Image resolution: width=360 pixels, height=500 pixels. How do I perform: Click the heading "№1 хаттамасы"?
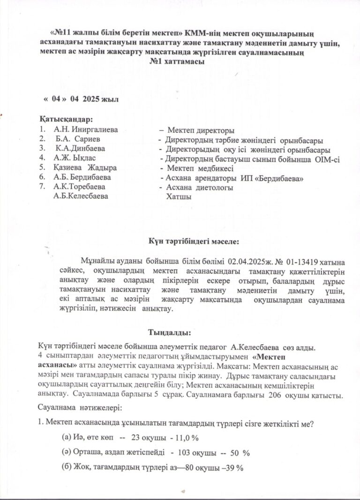point(177,62)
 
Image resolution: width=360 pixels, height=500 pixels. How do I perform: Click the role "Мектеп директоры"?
point(201,130)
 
